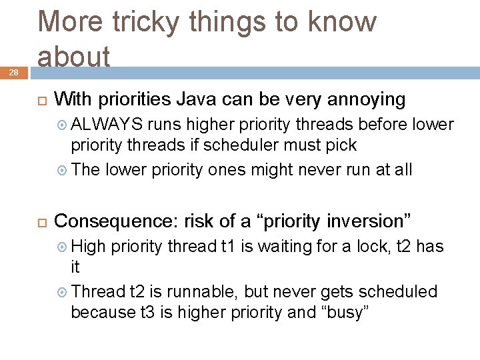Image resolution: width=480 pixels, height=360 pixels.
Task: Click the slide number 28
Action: click(x=14, y=73)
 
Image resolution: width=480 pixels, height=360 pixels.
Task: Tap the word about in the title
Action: click(x=74, y=57)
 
